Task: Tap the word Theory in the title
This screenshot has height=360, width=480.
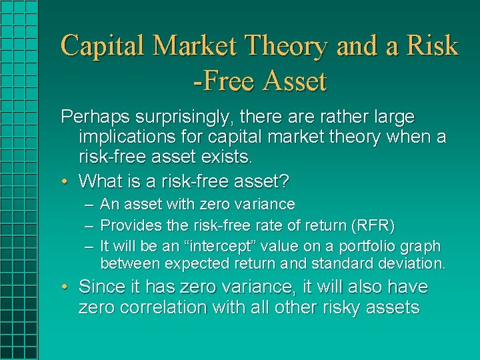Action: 287,47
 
